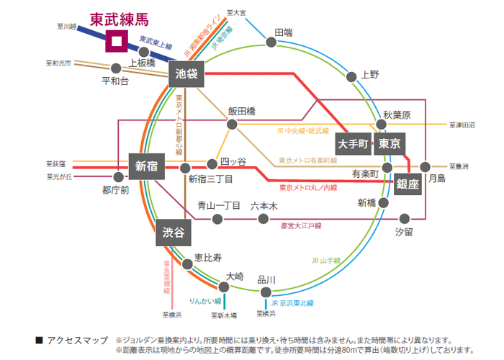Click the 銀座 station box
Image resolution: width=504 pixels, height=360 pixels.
pos(408,184)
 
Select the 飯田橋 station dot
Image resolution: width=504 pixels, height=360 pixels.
pos(232,124)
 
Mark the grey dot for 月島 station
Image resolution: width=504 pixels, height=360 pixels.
pos(425,166)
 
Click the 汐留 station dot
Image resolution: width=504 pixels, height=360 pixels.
pos(405,217)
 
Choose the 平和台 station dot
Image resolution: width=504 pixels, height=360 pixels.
pos(117,71)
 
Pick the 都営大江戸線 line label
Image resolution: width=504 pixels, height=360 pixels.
pos(301,225)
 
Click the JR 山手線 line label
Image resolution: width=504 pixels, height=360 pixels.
pos(328,261)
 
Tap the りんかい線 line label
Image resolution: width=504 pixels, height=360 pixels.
pos(204,297)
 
